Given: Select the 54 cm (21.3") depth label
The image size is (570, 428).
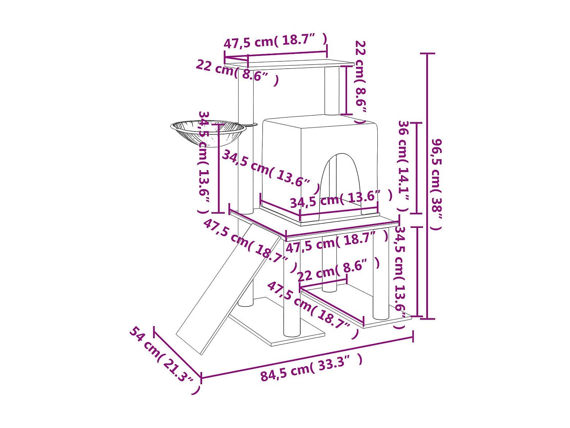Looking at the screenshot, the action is [165, 364].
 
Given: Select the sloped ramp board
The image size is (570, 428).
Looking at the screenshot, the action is [228, 288].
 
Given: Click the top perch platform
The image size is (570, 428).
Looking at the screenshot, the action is [289, 65].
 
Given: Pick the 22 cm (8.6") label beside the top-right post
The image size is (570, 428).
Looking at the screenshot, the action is [361, 82].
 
